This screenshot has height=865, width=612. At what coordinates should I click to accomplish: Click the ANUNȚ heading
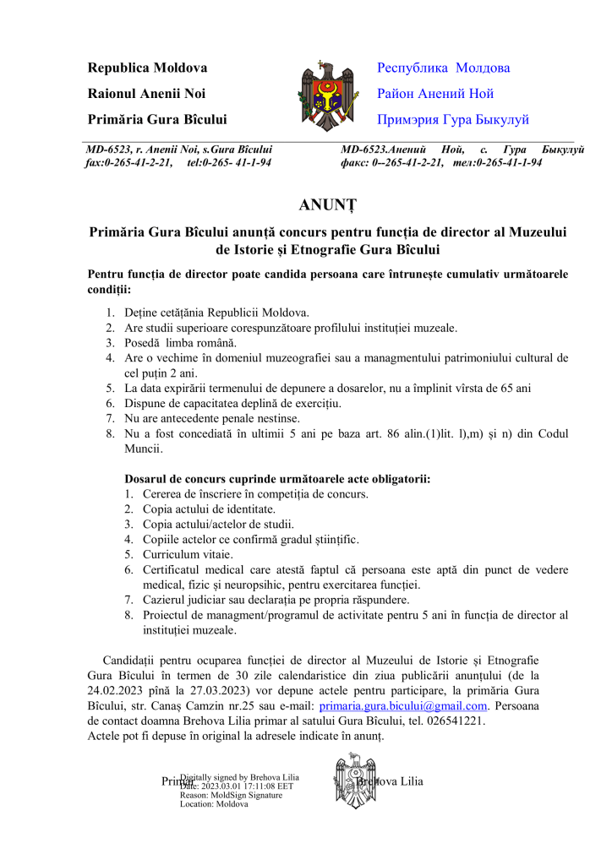coord(328,204)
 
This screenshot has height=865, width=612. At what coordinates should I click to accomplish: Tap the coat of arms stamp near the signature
coord(348,781)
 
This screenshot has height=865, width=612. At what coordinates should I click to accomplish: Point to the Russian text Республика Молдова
coord(443,68)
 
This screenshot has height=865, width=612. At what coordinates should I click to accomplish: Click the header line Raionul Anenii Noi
coord(146,94)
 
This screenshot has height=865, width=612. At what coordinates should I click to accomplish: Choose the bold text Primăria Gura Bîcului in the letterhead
coord(156,120)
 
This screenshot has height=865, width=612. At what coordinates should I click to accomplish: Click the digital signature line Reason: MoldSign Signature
coord(231,795)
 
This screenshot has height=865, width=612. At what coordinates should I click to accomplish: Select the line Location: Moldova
coord(214,804)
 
